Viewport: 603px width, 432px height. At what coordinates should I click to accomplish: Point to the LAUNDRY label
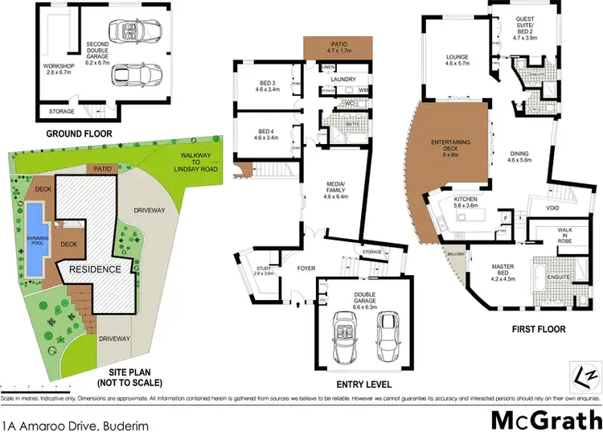[343, 79]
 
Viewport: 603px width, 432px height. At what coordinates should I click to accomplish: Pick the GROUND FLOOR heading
[79, 134]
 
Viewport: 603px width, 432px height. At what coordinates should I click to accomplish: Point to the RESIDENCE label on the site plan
[94, 269]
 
